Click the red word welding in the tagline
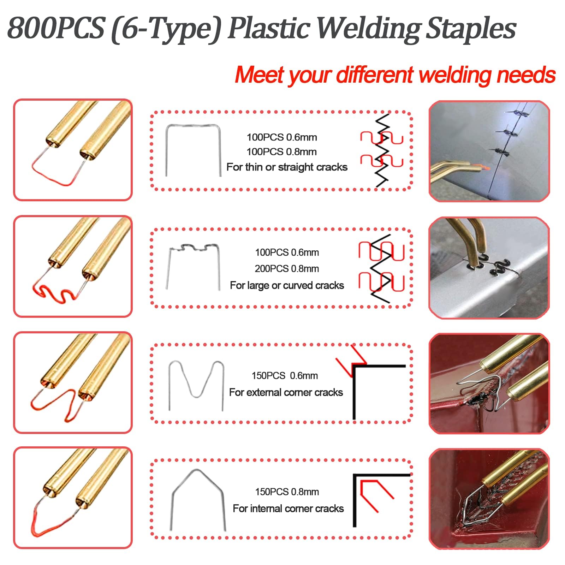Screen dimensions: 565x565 coord(455,75)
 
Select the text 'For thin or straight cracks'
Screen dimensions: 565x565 coord(287,167)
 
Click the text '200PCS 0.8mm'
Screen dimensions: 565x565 coord(287,269)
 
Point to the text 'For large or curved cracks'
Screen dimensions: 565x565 coord(287,285)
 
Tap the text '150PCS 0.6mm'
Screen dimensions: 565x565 coord(285,376)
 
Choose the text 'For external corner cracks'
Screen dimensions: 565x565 coord(286,392)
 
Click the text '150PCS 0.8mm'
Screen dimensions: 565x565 coord(287,492)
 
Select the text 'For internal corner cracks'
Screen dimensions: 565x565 coord(288,509)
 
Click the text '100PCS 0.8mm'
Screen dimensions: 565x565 coord(281,152)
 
